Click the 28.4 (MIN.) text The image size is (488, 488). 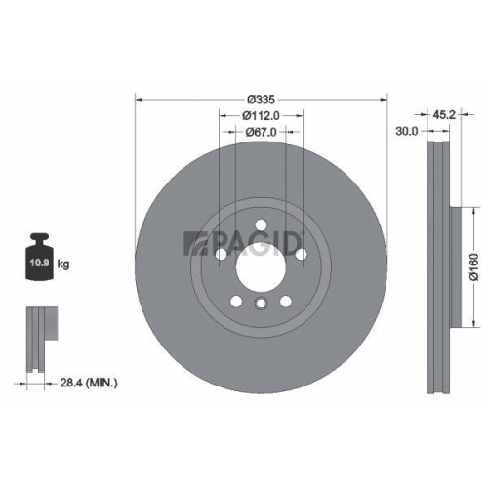(88, 384)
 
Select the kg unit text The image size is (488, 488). (63, 264)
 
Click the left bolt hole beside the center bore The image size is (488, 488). (222, 255)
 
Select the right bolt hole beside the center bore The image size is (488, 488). (300, 255)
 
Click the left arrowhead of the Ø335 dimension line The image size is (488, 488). (138, 100)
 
